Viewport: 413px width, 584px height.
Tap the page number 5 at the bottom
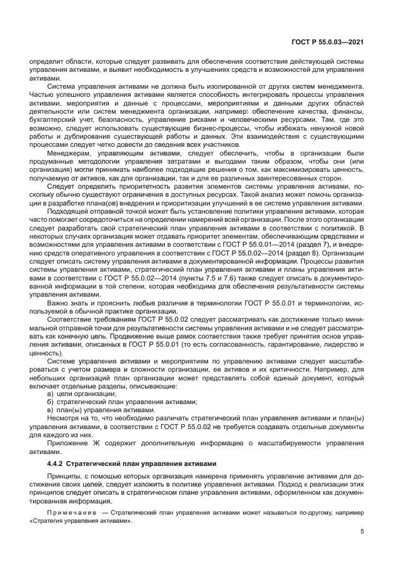362,532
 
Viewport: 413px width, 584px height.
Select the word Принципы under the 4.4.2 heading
64,477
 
